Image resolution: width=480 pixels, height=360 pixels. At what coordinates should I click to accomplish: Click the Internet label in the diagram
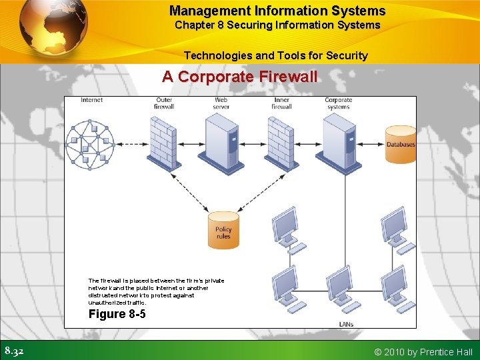pyautogui.click(x=91, y=101)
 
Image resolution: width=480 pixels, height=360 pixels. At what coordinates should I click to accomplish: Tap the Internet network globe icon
pyautogui.click(x=85, y=145)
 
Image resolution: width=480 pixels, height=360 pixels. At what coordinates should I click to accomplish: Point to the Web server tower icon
pyautogui.click(x=222, y=142)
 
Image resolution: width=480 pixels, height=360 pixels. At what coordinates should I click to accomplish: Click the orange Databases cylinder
pyautogui.click(x=401, y=143)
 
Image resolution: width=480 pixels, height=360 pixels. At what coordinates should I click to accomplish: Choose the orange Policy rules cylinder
pyautogui.click(x=223, y=230)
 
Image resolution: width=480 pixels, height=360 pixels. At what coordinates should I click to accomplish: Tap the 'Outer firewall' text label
pyautogui.click(x=163, y=103)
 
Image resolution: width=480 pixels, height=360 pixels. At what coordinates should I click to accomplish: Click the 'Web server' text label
pyautogui.click(x=221, y=103)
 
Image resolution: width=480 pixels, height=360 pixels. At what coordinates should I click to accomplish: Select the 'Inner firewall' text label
pyautogui.click(x=281, y=103)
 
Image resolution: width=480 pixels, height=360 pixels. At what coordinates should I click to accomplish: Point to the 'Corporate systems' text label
pyautogui.click(x=338, y=103)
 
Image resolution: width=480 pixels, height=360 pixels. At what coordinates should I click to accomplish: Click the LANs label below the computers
pyautogui.click(x=346, y=324)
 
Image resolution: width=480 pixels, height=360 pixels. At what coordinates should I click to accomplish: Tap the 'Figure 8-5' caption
pyautogui.click(x=117, y=313)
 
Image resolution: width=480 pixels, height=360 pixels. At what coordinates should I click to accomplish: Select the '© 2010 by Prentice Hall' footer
pyautogui.click(x=424, y=351)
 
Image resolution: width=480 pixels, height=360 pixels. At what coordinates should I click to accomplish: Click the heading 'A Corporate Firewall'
pyautogui.click(x=239, y=77)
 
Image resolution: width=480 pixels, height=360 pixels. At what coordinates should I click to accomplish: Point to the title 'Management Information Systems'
pyautogui.click(x=277, y=11)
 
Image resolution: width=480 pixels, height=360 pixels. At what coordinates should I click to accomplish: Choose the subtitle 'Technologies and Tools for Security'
pyautogui.click(x=275, y=55)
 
